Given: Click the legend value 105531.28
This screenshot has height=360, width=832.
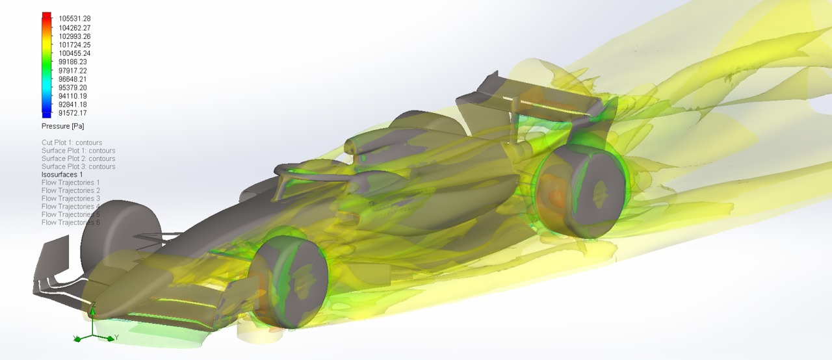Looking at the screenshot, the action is [75, 19].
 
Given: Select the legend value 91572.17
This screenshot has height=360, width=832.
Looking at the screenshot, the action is [73, 113].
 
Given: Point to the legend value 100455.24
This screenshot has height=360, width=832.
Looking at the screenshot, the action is [75, 53].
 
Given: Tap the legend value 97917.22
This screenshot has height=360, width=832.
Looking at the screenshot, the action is [73, 71].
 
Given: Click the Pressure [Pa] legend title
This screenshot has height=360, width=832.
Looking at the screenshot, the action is [63, 126].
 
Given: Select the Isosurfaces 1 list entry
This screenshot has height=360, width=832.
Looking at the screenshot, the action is [62, 174].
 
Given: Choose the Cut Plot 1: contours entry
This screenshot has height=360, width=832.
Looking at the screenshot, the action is [71, 142].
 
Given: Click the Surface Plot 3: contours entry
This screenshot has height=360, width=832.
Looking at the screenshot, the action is [79, 166].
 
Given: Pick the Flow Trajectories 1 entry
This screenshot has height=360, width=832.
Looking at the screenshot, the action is [71, 183].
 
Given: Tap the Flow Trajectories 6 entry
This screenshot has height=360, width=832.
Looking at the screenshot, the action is [71, 223].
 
